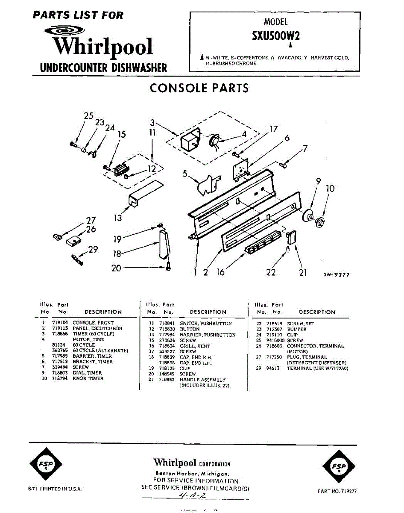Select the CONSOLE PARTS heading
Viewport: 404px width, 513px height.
pos(199,88)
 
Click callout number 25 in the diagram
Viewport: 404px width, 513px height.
pos(88,116)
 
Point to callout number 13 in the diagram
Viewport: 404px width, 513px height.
pos(117,218)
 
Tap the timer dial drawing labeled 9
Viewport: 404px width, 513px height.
pos(306,215)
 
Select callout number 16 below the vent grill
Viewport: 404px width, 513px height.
pos(220,272)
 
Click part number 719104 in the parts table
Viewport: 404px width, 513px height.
pos(59,323)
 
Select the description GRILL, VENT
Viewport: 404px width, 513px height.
pos(195,346)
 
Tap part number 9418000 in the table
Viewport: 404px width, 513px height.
pos(275,341)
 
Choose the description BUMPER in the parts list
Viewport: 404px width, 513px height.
pos(297,330)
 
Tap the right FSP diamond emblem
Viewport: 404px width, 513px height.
pos(340,466)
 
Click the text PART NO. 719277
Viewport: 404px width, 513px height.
pos(337,491)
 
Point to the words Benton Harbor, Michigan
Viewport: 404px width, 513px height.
pos(192,474)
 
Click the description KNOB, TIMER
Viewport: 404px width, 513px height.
pos(88,378)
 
